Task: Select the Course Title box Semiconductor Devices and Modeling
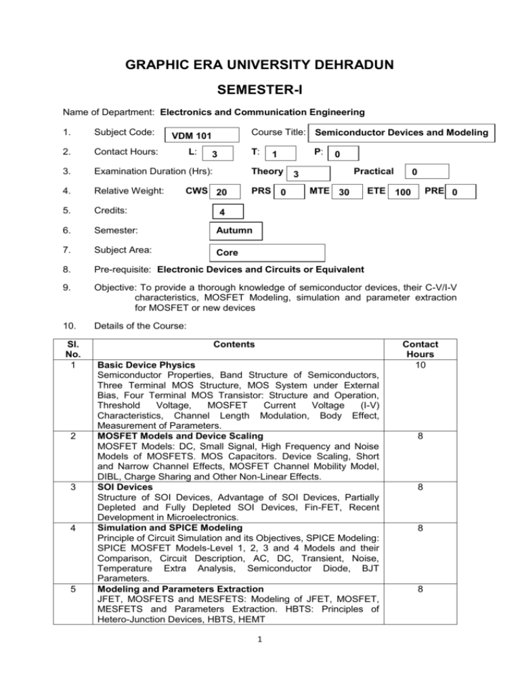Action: tap(401, 133)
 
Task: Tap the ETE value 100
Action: tap(404, 194)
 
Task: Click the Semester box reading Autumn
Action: tap(233, 232)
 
